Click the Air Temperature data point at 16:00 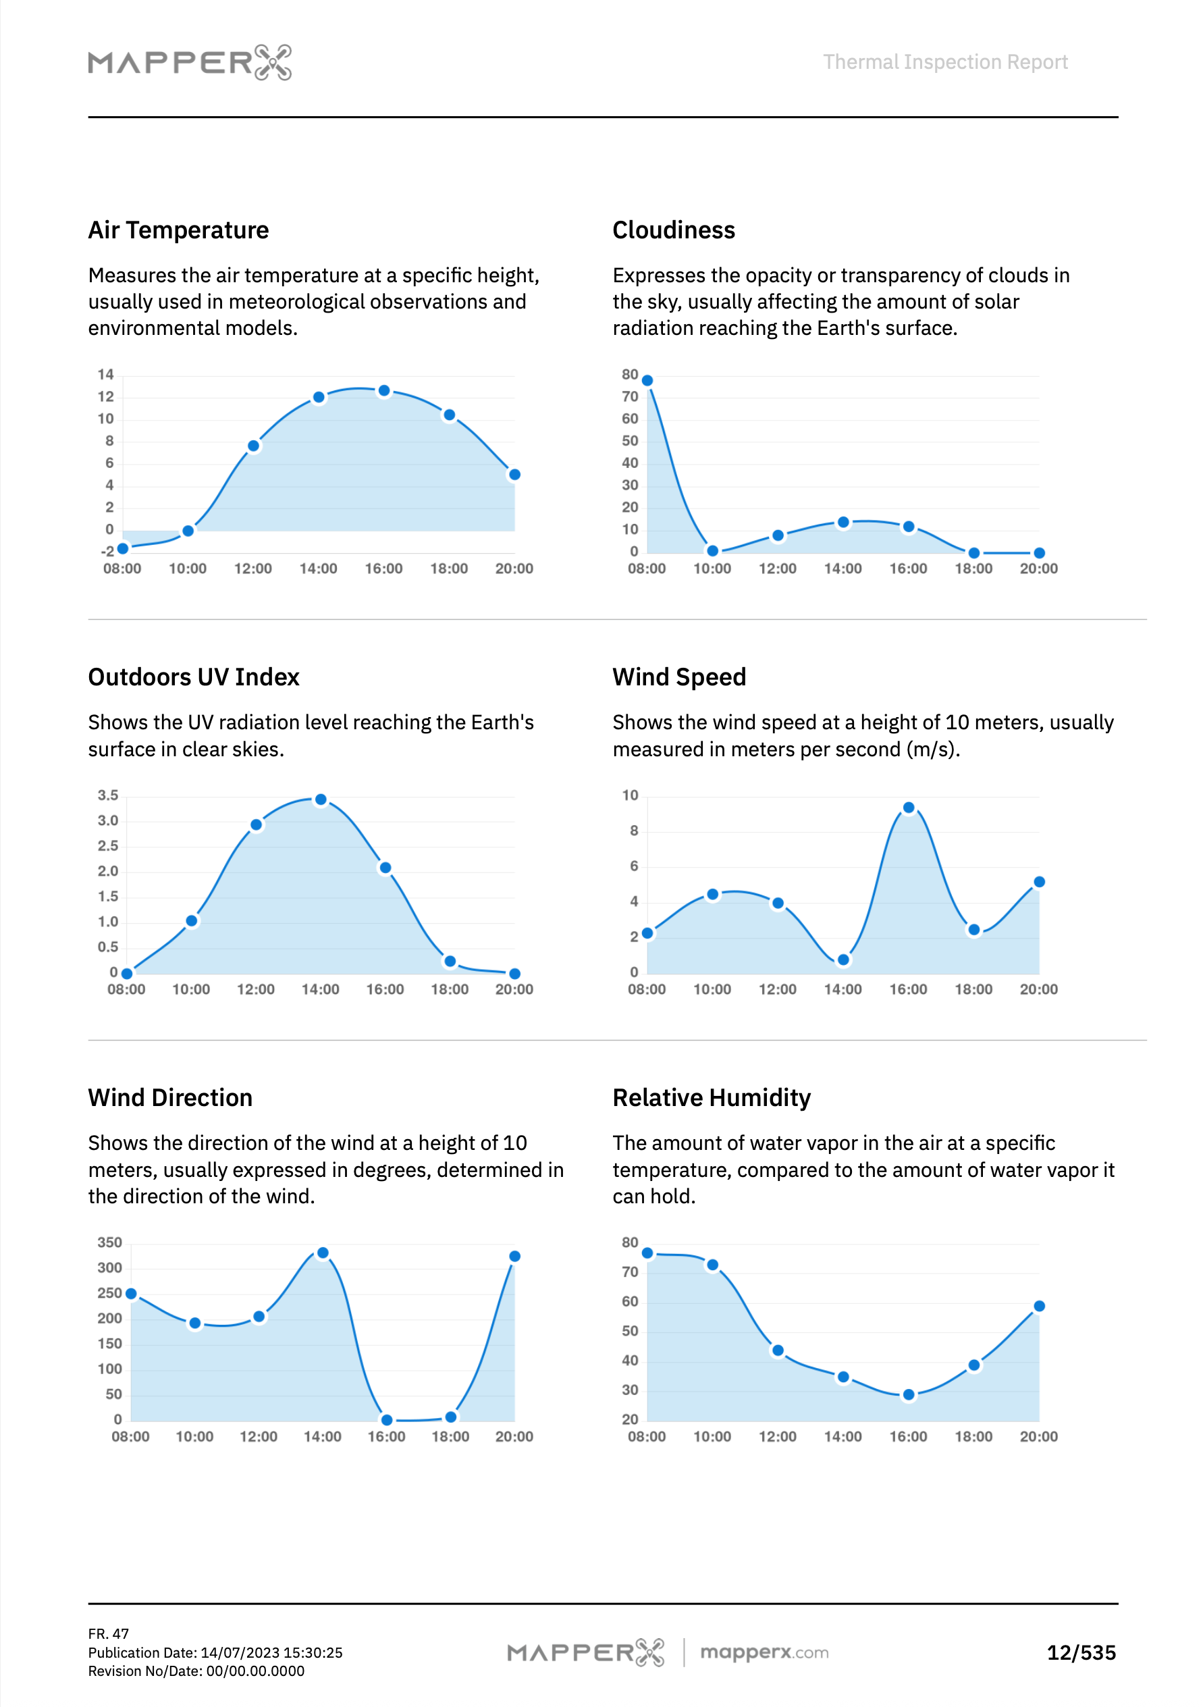pyautogui.click(x=383, y=391)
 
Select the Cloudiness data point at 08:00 pyautogui.click(x=647, y=381)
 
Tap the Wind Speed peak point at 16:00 pyautogui.click(x=909, y=808)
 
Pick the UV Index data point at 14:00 pyautogui.click(x=321, y=800)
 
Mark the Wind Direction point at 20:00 pyautogui.click(x=514, y=1257)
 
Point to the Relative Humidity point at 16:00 pyautogui.click(x=909, y=1395)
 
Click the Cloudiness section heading pyautogui.click(x=674, y=230)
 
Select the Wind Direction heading pyautogui.click(x=170, y=1098)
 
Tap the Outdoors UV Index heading pyautogui.click(x=193, y=677)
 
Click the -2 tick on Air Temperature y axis pyautogui.click(x=108, y=552)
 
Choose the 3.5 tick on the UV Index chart pyautogui.click(x=108, y=795)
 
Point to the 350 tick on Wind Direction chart pyautogui.click(x=109, y=1242)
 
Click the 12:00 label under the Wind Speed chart pyautogui.click(x=777, y=989)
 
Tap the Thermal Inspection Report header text pyautogui.click(x=945, y=61)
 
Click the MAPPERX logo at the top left pyautogui.click(x=190, y=61)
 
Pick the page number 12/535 pyautogui.click(x=1081, y=1653)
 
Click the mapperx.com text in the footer pyautogui.click(x=764, y=1652)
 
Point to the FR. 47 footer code pyautogui.click(x=109, y=1633)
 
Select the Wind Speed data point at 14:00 pyautogui.click(x=843, y=960)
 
